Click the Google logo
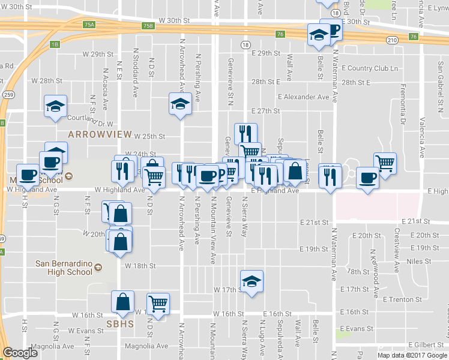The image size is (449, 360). (x=20, y=353)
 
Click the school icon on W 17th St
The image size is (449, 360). (x=252, y=281)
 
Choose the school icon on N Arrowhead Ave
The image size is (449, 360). (x=179, y=103)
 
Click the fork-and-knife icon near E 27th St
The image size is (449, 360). (x=246, y=133)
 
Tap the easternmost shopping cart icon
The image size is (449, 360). (x=385, y=161)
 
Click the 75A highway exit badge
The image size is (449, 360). (x=89, y=25)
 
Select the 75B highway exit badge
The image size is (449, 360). (x=148, y=26)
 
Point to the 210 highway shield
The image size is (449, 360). (x=392, y=40)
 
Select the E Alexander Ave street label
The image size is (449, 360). (x=304, y=97)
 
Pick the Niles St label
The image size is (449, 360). (x=419, y=262)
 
